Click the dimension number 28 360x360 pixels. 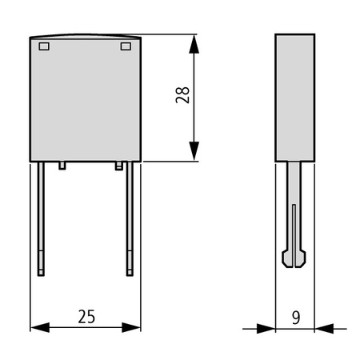(x=182, y=95)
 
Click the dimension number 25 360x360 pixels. (x=86, y=317)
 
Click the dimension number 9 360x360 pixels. (x=296, y=318)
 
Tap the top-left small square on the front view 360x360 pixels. (x=44, y=46)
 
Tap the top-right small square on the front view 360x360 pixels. (x=126, y=46)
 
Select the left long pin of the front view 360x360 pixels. (x=41, y=218)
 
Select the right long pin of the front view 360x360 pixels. (x=130, y=218)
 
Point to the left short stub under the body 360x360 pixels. (x=62, y=166)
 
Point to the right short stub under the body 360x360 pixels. (x=119, y=166)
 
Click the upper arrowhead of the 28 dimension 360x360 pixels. (x=194, y=44)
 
